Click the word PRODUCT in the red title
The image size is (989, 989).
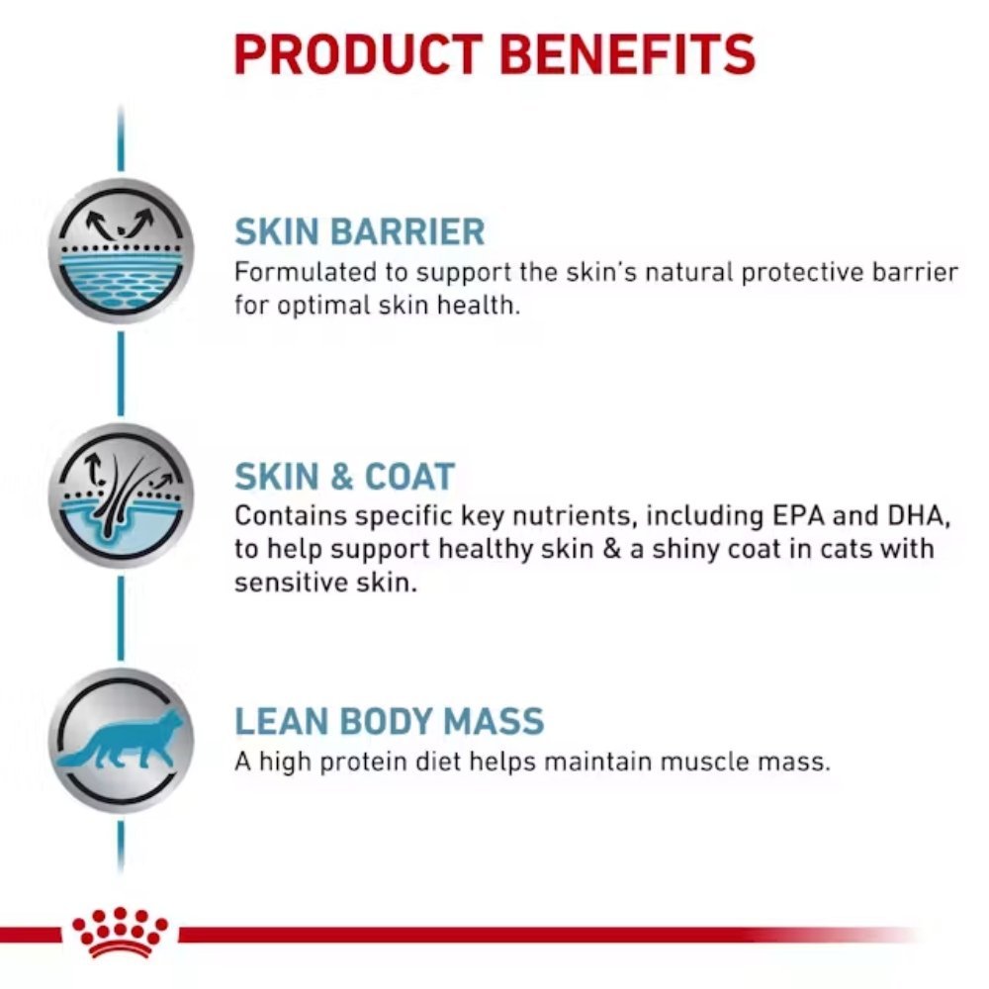point(358,54)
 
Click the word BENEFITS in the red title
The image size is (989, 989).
point(628,54)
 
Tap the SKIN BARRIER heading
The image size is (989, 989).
point(360,231)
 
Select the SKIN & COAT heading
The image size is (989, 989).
point(344,477)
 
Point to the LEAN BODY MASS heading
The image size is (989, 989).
point(389,721)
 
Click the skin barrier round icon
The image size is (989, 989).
point(121,251)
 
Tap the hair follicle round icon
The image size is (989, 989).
point(121,495)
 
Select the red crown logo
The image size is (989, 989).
point(120,933)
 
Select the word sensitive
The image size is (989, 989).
point(292,583)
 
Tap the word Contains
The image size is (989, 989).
point(291,516)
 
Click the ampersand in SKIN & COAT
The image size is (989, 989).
point(342,477)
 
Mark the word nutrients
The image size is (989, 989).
point(572,516)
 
